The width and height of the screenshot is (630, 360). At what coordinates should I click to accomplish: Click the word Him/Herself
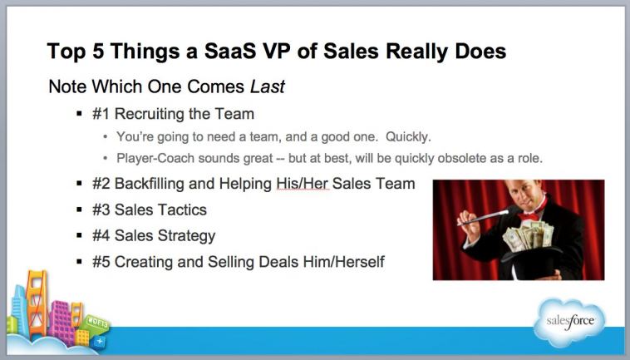coord(345,262)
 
